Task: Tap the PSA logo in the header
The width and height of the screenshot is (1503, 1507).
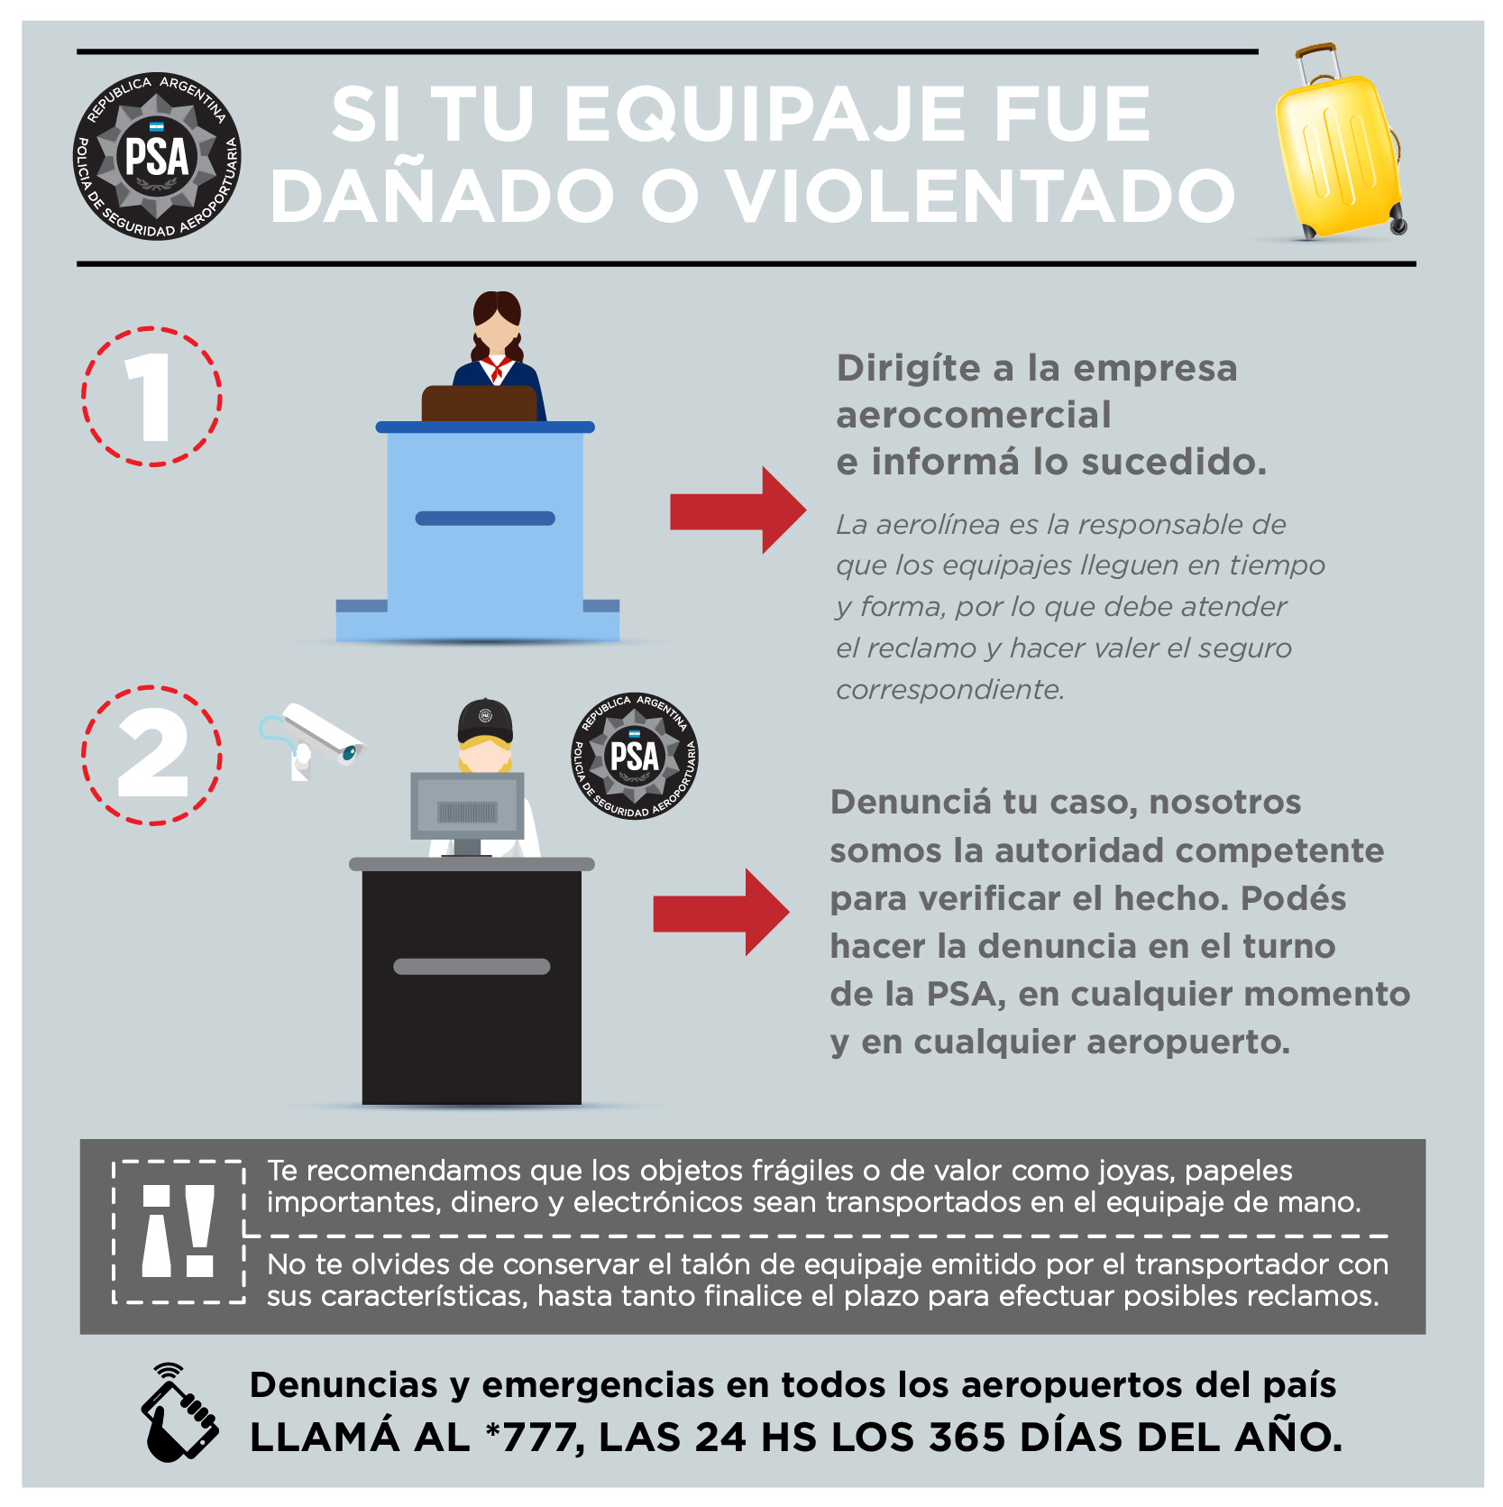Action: point(157,156)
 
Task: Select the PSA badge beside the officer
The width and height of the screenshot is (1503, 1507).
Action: point(635,756)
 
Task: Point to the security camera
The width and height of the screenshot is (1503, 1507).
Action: point(313,740)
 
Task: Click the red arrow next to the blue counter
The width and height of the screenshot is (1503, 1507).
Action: point(738,510)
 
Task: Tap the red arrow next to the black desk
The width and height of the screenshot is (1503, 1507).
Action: point(721,913)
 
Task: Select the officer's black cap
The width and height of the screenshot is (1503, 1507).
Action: point(485,721)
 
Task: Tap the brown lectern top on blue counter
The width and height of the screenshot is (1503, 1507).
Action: point(479,403)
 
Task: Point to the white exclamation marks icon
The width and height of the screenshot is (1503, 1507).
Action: point(179,1231)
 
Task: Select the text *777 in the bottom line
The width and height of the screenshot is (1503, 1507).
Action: point(532,1438)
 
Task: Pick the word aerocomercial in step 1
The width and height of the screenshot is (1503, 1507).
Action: point(974,416)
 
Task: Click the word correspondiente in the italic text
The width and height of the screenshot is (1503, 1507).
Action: point(950,690)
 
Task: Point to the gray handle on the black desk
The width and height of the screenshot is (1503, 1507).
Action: point(472,967)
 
